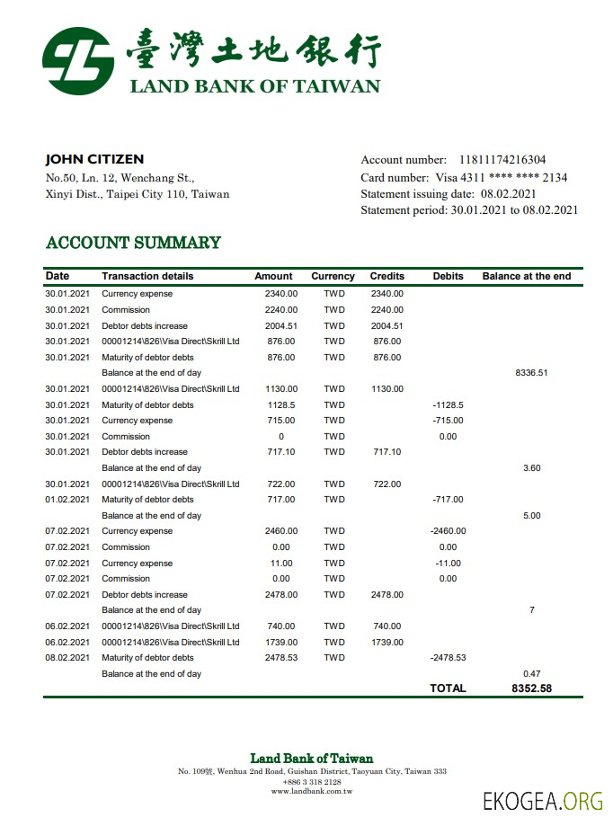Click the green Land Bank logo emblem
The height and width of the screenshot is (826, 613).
click(78, 61)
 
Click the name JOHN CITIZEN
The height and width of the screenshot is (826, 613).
click(94, 159)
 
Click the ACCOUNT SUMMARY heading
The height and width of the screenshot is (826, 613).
click(133, 243)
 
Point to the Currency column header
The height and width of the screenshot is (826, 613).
click(333, 276)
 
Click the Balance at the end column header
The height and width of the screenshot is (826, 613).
click(526, 276)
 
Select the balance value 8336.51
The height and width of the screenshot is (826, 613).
click(531, 373)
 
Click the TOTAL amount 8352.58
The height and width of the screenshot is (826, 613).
click(530, 688)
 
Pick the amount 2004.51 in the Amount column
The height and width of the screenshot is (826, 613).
click(281, 326)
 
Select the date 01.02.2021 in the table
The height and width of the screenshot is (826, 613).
click(67, 500)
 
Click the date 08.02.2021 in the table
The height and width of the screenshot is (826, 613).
click(67, 658)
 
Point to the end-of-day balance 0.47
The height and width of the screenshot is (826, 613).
click(531, 673)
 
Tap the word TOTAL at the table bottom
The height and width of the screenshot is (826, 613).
click(448, 688)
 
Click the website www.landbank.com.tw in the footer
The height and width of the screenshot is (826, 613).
click(311, 791)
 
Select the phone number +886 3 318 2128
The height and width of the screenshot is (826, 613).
click(311, 782)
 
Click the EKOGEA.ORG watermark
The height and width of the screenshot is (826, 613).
click(542, 802)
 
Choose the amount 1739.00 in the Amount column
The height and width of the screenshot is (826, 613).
click(281, 642)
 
